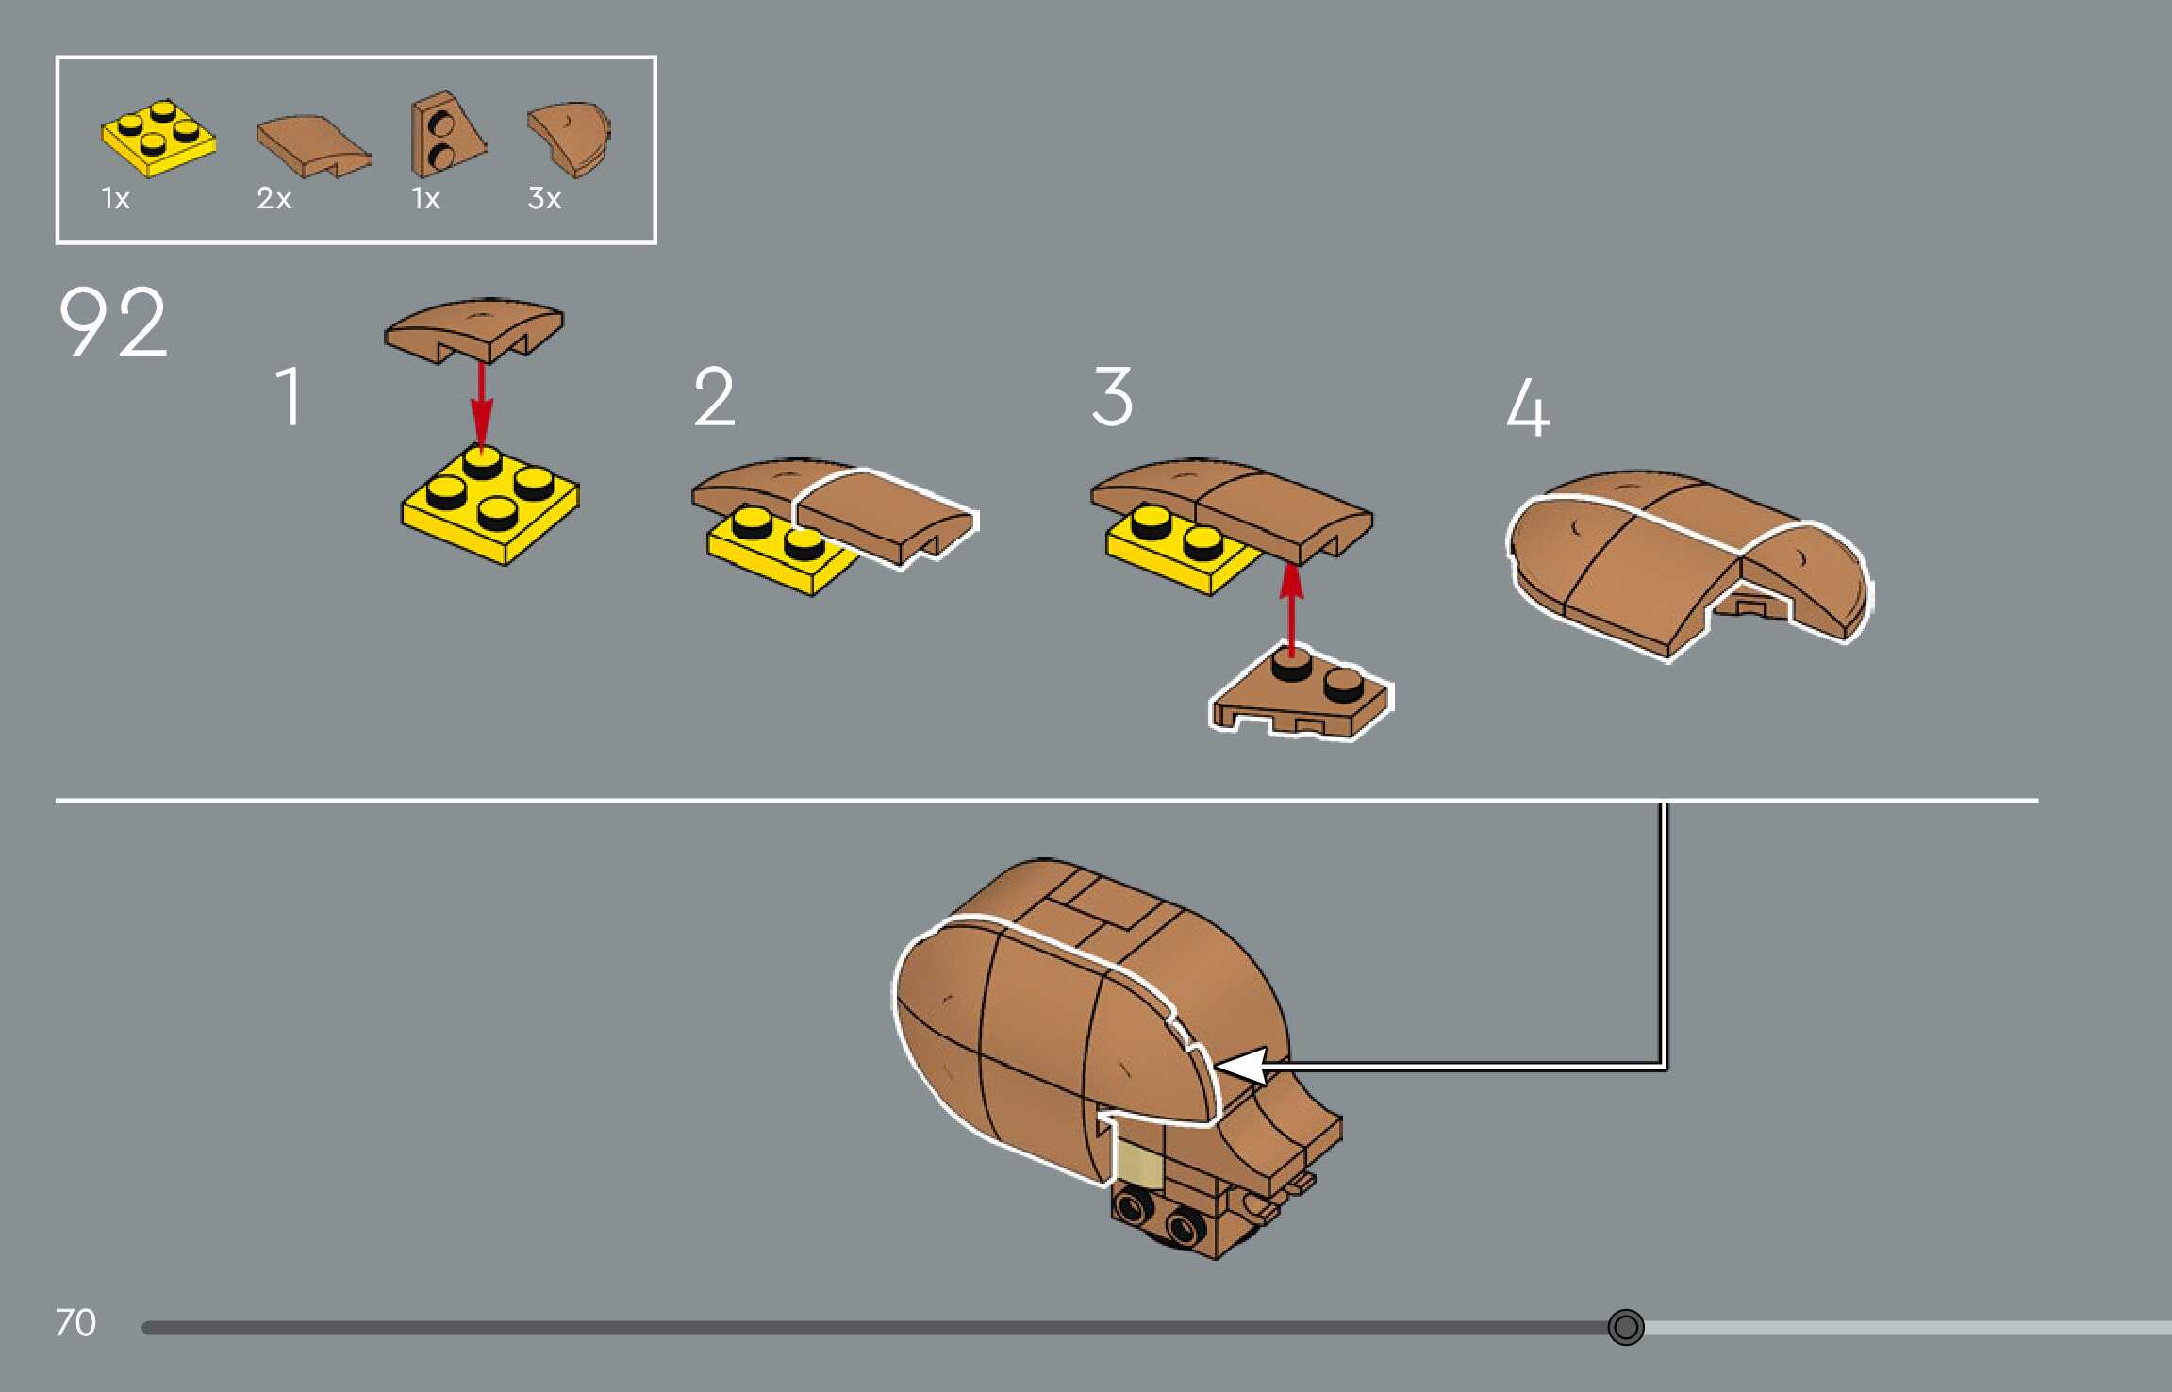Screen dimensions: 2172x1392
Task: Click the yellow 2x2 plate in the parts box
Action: click(x=158, y=139)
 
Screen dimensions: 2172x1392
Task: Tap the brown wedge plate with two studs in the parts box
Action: click(x=445, y=136)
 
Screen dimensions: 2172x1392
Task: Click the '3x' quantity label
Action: click(x=544, y=199)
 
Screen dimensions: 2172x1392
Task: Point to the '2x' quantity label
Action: click(x=274, y=199)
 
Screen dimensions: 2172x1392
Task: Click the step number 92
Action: click(x=113, y=323)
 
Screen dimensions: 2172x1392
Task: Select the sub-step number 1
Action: click(x=290, y=397)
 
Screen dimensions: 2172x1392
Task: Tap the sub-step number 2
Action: click(x=714, y=397)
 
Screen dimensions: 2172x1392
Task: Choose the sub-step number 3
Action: click(x=1112, y=397)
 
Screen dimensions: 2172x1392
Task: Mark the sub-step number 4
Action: click(x=1528, y=407)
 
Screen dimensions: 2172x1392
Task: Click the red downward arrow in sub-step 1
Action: click(x=482, y=406)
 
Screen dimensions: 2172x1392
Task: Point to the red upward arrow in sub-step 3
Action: click(x=1291, y=604)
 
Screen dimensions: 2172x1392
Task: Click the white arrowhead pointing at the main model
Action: click(x=1241, y=1067)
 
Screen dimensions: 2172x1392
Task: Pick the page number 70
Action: click(x=75, y=1322)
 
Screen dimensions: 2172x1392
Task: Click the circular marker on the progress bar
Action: click(x=1625, y=1327)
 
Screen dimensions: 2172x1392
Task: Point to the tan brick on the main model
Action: click(x=1139, y=1165)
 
